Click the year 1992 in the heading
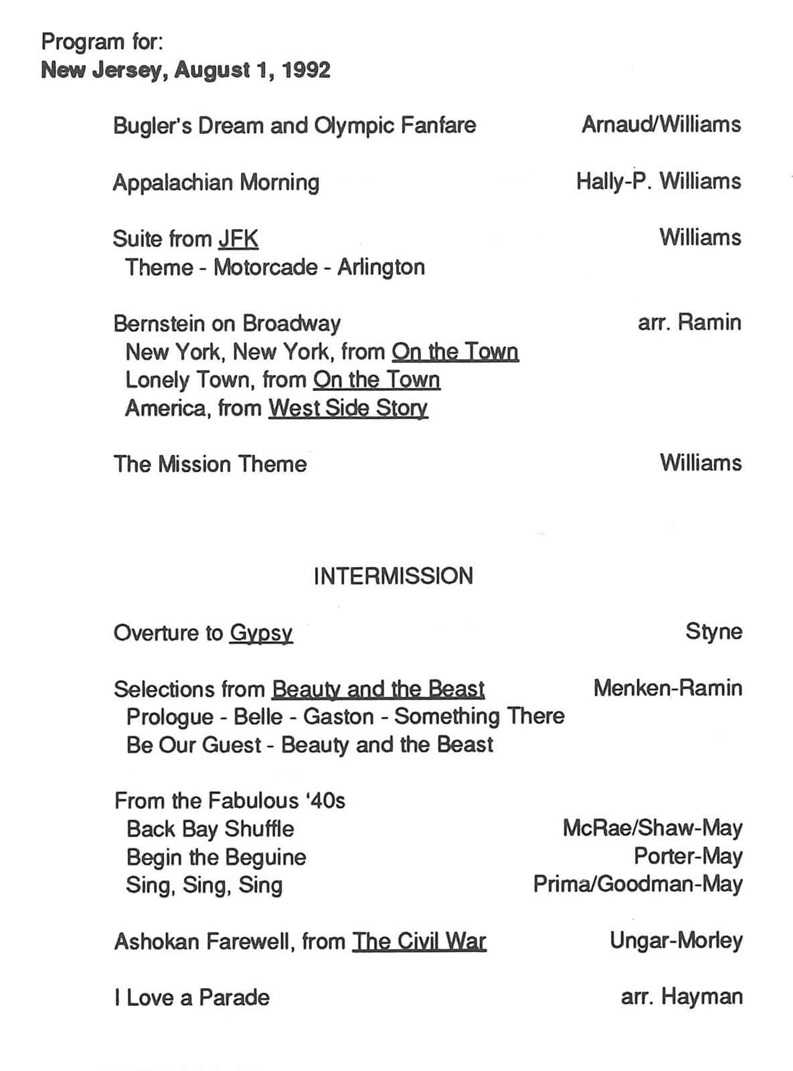tap(306, 70)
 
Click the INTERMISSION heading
tap(393, 576)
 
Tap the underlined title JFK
tap(238, 239)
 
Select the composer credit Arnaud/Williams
tap(661, 125)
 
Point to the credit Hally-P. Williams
tap(658, 181)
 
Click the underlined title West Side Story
tap(348, 408)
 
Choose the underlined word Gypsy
tap(261, 633)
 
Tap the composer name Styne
tap(713, 631)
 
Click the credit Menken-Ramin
tap(667, 688)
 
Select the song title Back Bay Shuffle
tap(210, 829)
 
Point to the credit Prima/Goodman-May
tap(638, 884)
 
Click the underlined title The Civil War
tap(419, 941)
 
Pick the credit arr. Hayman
tap(681, 997)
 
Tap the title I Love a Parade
tap(192, 997)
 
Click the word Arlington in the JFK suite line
tap(381, 267)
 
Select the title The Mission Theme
tap(210, 464)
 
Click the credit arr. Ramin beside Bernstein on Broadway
tap(689, 323)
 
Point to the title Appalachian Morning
tap(216, 182)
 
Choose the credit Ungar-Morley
tap(676, 940)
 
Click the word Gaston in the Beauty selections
tap(339, 716)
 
